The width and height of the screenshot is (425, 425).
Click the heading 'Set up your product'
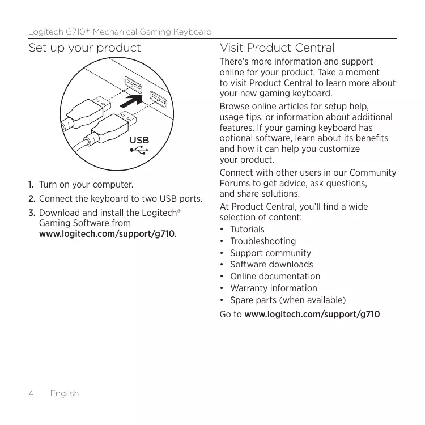tap(84, 48)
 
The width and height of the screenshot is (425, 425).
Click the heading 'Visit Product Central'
tap(277, 48)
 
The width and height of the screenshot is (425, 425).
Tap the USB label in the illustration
tap(139, 140)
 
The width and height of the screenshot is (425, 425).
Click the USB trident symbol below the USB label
tap(139, 151)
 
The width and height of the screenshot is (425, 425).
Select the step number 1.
tap(32, 185)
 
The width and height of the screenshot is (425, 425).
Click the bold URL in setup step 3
tap(107, 233)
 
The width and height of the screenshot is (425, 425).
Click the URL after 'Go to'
tap(312, 314)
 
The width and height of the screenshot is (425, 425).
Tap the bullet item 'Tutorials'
tap(247, 229)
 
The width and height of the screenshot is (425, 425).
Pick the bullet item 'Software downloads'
tap(271, 264)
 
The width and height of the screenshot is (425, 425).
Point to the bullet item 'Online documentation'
tap(275, 276)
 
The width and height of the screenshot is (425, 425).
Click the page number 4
tap(31, 393)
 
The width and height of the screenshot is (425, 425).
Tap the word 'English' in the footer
tap(64, 393)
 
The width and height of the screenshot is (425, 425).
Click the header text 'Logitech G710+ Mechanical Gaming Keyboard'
tap(120, 32)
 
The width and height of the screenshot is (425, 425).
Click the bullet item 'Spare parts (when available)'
tap(287, 300)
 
